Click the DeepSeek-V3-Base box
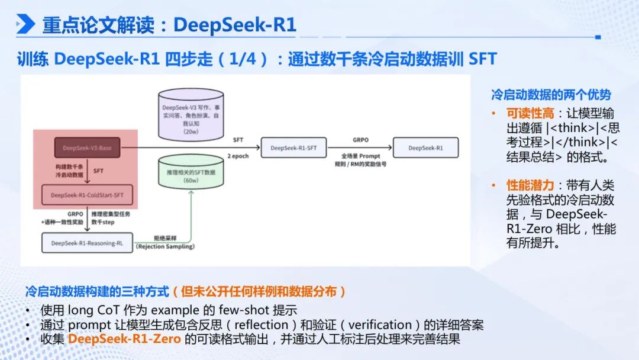coord(88,147)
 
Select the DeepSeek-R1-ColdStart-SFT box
coord(88,194)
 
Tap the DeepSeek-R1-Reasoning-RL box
coord(88,243)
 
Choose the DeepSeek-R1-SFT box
coord(294,147)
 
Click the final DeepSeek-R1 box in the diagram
coord(425,147)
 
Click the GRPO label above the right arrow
coord(360,140)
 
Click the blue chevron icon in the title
coord(25,24)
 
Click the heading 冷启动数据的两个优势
coord(551,95)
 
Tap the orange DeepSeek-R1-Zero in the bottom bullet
coord(124,339)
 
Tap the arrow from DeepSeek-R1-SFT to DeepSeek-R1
coord(360,148)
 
